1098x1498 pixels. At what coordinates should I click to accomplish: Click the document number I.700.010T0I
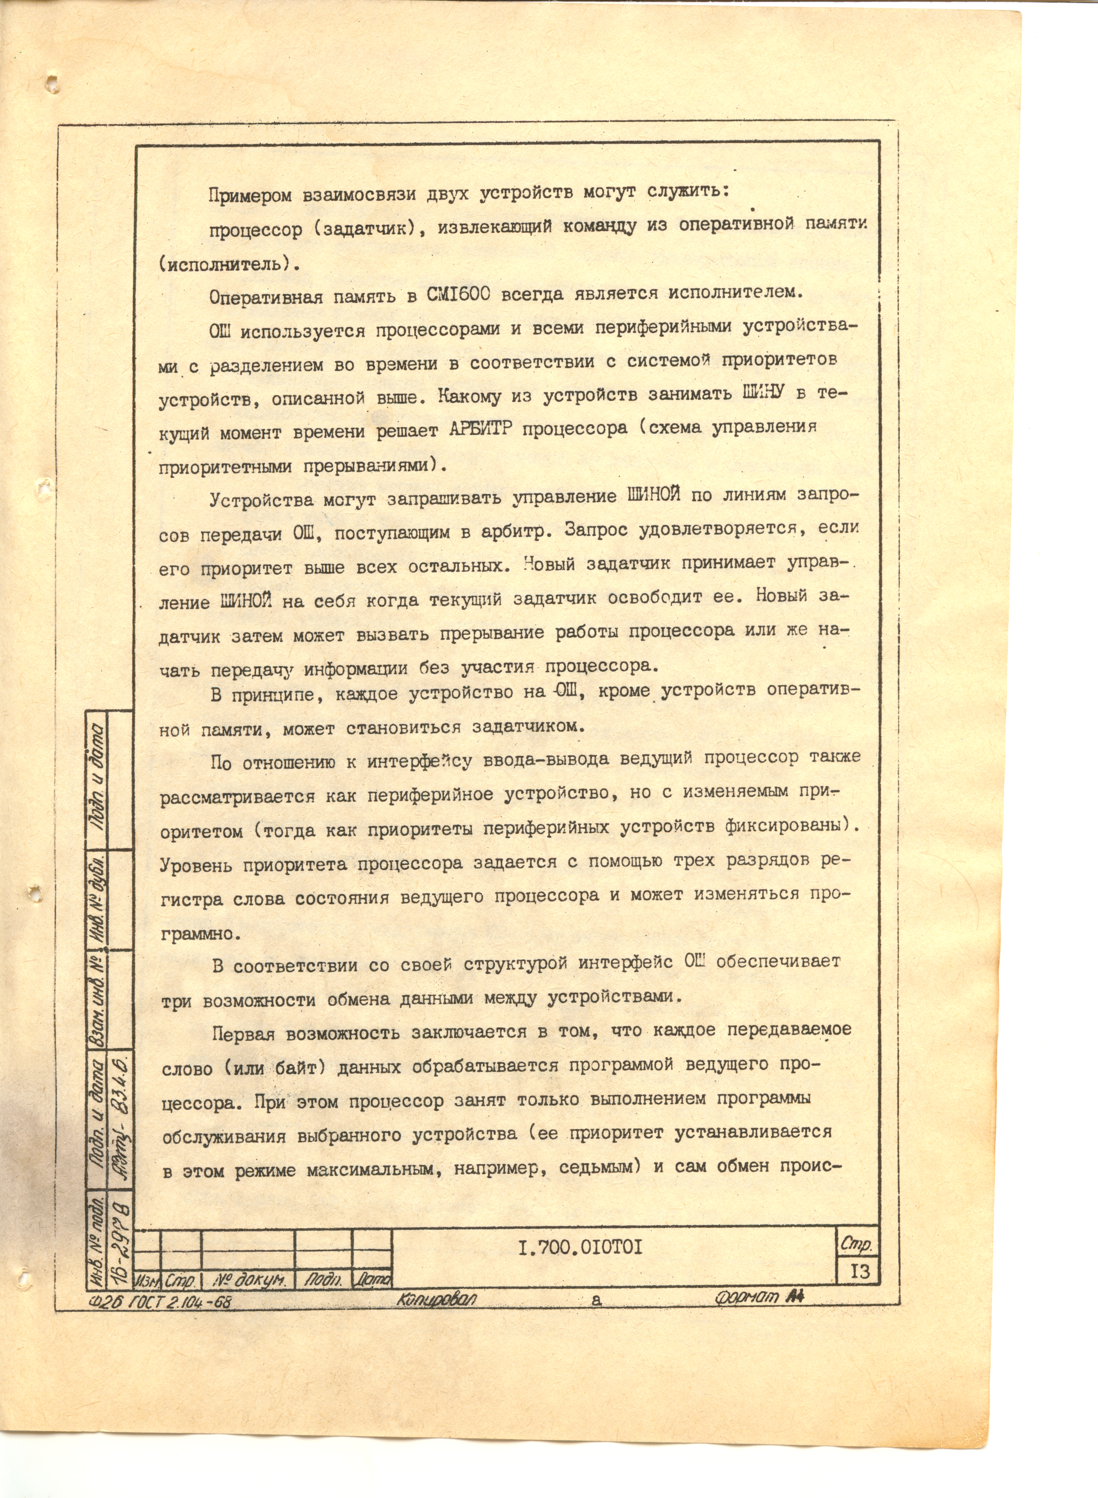pos(580,1247)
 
